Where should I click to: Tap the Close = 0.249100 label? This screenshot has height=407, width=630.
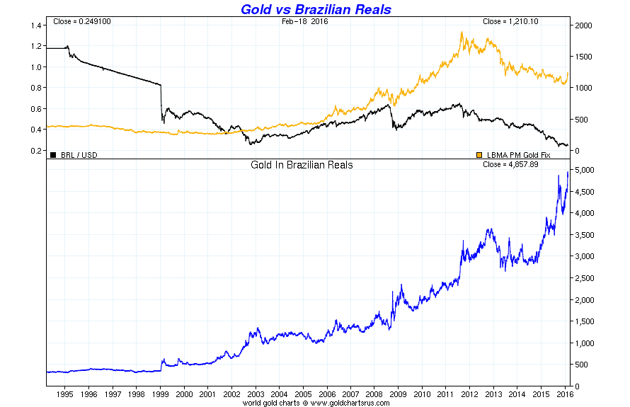[x=82, y=21]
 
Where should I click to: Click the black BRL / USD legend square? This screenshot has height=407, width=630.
[x=53, y=154]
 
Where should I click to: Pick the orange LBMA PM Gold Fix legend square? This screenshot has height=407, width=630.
[x=479, y=154]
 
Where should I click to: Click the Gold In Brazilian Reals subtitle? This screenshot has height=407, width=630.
[x=302, y=165]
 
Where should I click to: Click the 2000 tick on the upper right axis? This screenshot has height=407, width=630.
[x=582, y=25]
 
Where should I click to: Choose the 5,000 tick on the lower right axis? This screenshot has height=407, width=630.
[x=585, y=171]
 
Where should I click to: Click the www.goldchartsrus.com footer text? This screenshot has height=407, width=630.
[x=340, y=402]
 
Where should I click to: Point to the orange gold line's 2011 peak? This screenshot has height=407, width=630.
[x=462, y=33]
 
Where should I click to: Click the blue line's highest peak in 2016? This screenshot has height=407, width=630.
[x=568, y=172]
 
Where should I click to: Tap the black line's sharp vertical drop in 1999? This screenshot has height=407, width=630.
[x=162, y=103]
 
